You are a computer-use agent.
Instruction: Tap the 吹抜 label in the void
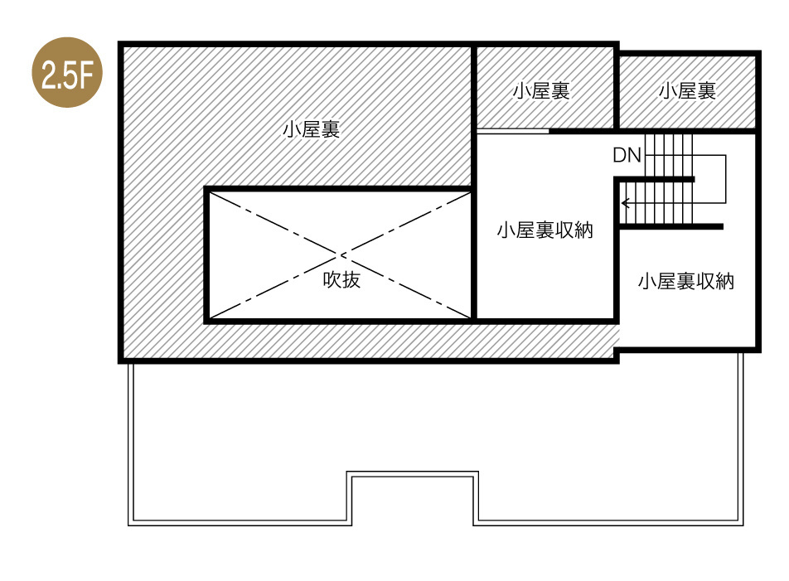[341, 280]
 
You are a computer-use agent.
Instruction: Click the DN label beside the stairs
[627, 155]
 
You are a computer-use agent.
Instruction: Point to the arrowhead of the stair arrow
[625, 202]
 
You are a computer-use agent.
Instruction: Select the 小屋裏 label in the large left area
[311, 130]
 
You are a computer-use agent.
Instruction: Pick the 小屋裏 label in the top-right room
[687, 91]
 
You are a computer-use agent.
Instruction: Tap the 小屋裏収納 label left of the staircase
[545, 231]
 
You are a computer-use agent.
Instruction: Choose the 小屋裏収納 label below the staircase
[685, 282]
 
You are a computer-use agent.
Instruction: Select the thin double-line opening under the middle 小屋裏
[511, 131]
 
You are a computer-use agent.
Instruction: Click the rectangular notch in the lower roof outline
[412, 497]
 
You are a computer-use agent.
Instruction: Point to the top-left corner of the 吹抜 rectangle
[207, 190]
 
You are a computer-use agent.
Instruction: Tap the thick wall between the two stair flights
[655, 180]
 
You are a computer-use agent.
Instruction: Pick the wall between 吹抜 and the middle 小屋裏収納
[473, 253]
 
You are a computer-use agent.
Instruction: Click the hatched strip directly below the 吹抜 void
[340, 340]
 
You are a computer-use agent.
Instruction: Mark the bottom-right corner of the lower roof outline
[740, 523]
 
